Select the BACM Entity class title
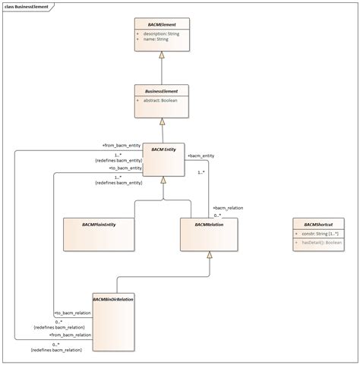[x=163, y=149]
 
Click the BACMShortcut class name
[x=318, y=225]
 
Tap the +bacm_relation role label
[x=229, y=207]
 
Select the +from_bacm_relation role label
[x=70, y=334]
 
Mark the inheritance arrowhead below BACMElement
[x=161, y=55]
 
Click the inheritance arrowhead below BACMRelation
[x=209, y=255]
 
